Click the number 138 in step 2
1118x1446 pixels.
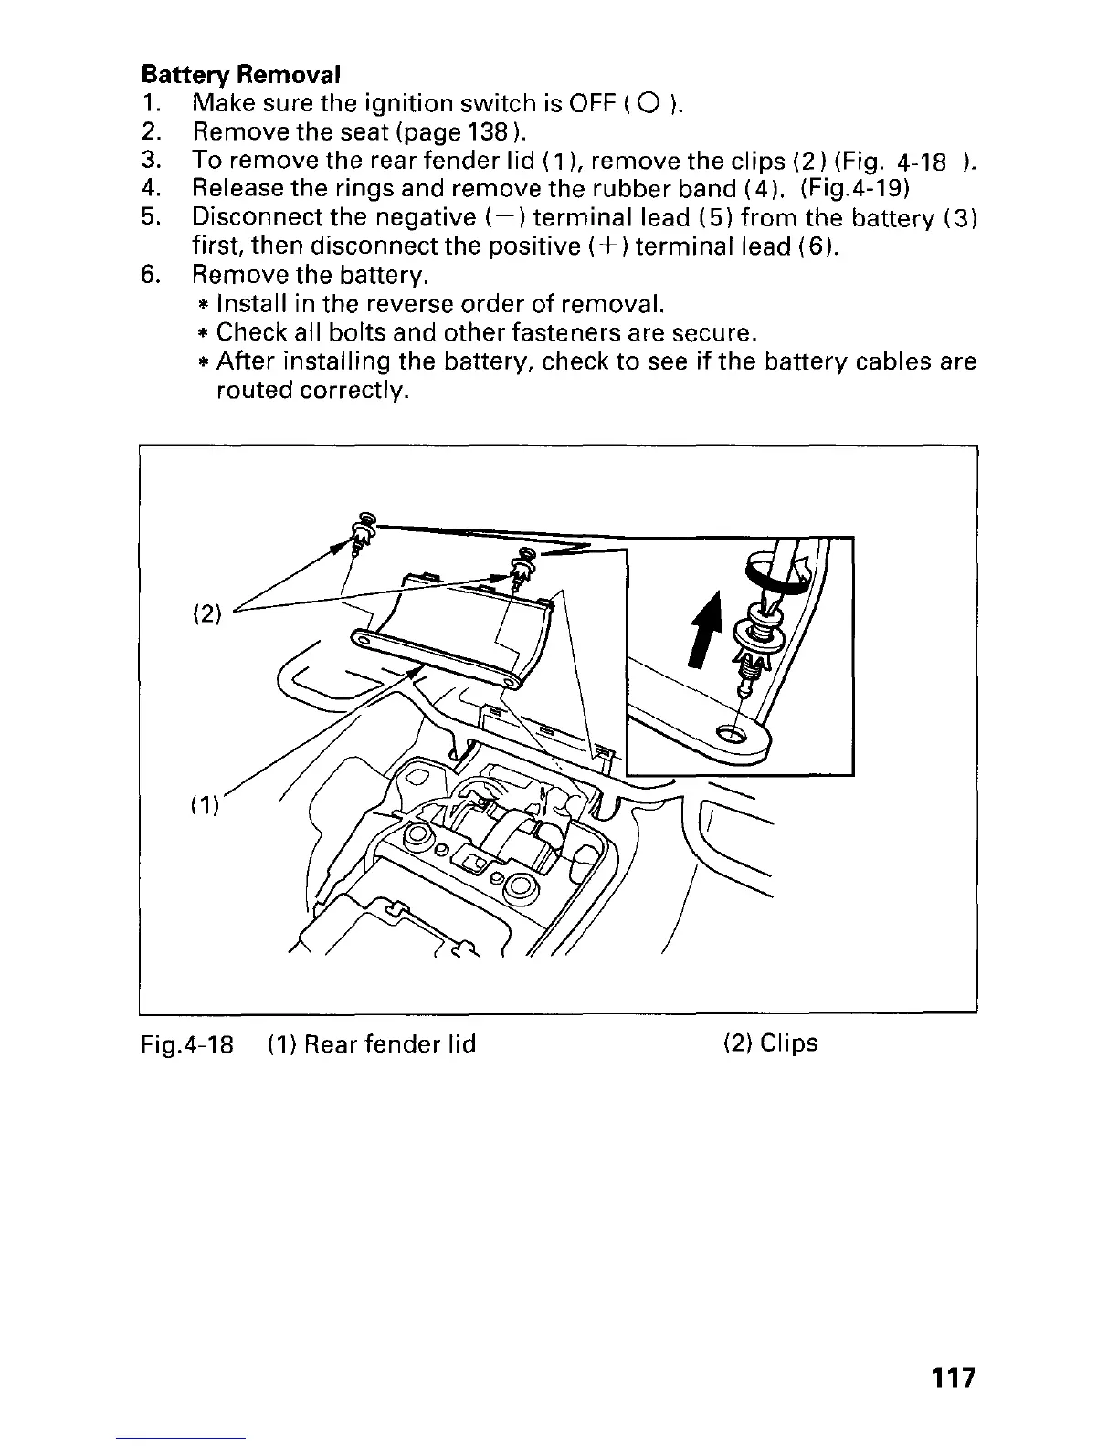[489, 131]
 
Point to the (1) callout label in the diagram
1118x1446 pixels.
[203, 806]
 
